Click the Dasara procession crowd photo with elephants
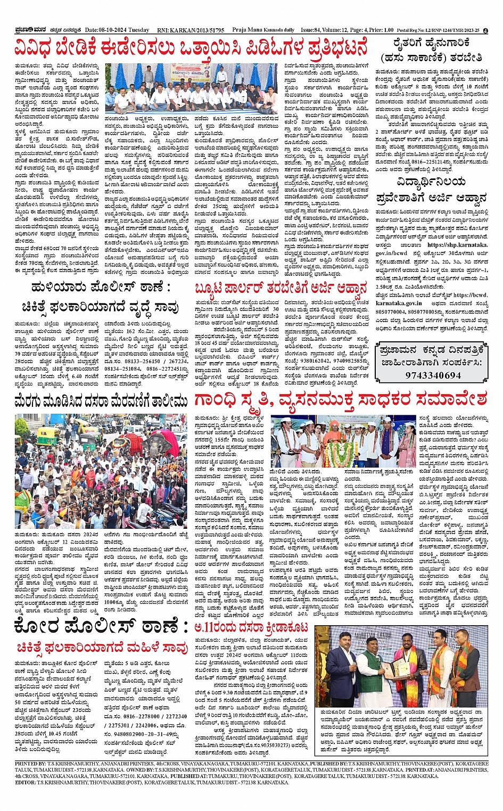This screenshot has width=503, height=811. (101, 471)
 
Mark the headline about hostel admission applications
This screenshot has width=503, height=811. (431, 191)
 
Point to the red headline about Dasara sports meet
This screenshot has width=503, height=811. (252, 628)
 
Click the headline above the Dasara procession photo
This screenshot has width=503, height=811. (101, 399)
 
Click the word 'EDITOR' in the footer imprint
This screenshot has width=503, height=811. (25, 782)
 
